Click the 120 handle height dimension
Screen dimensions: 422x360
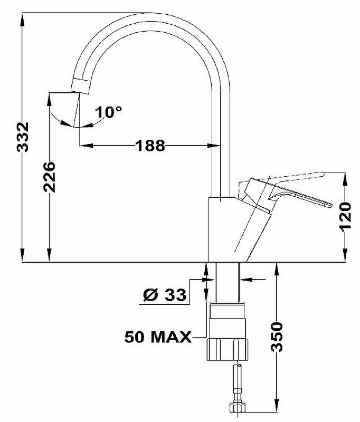[x=345, y=216]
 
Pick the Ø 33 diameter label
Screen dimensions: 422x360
[x=165, y=295]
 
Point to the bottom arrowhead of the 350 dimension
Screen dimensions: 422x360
[x=276, y=407]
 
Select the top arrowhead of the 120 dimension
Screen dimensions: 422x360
[x=345, y=176]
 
